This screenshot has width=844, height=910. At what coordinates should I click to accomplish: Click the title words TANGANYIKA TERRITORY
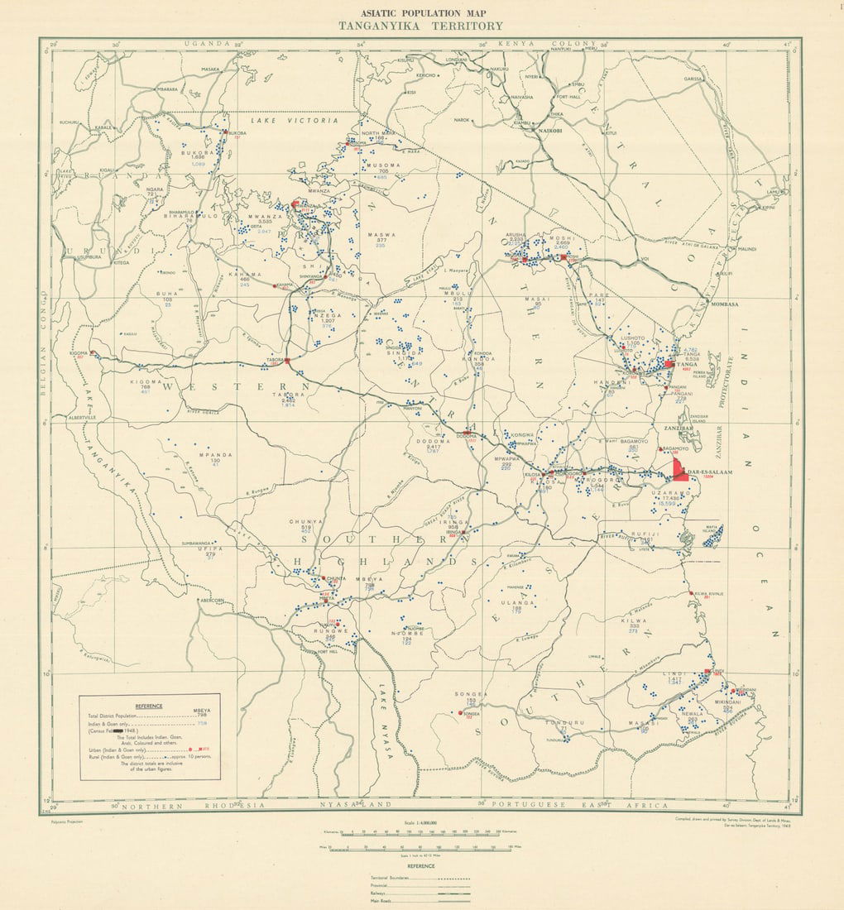pyautogui.click(x=420, y=26)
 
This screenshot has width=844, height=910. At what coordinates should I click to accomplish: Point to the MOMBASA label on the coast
pyautogui.click(x=722, y=304)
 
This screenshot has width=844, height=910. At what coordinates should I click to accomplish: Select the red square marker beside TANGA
pyautogui.click(x=669, y=364)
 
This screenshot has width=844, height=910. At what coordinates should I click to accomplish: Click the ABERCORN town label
pyautogui.click(x=213, y=601)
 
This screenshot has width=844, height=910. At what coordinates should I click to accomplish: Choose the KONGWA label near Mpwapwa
pyautogui.click(x=523, y=434)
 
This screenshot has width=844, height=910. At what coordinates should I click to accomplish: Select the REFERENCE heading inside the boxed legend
pyautogui.click(x=149, y=706)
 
